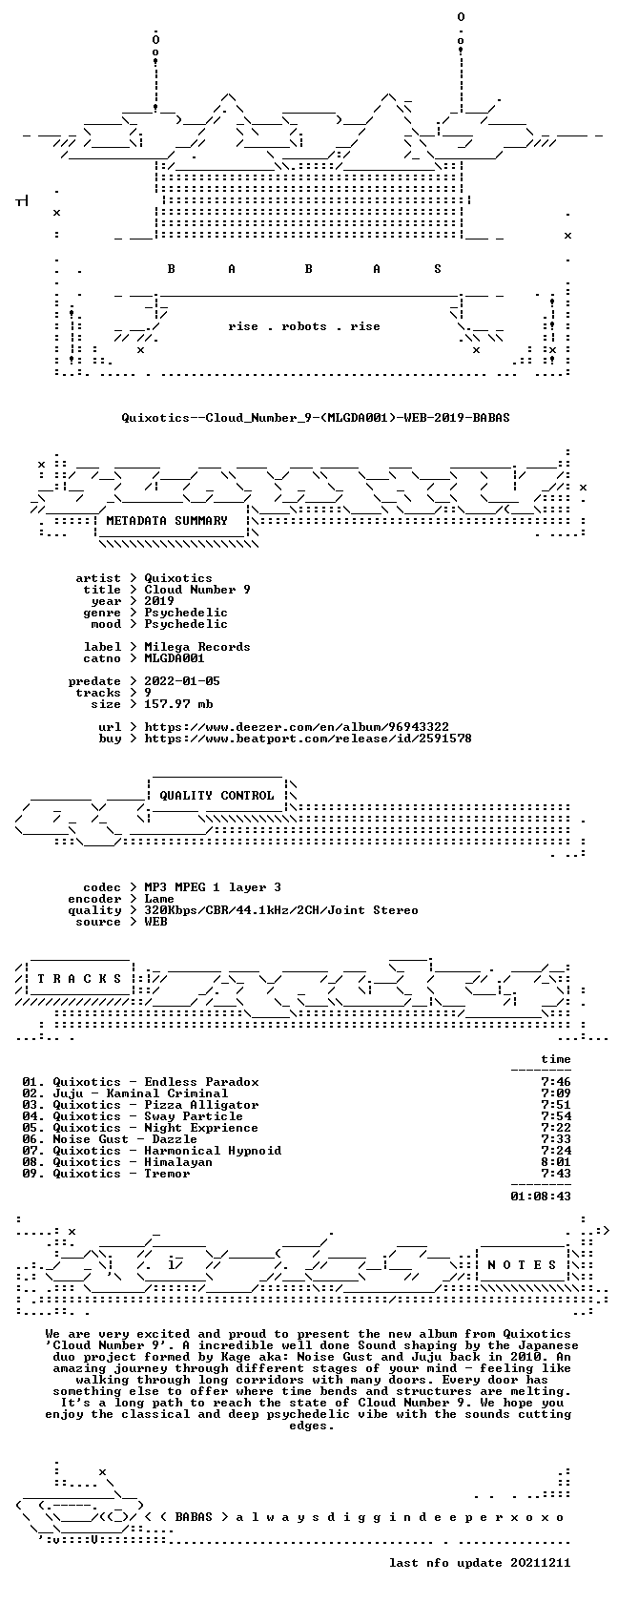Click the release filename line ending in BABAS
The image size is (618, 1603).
316,418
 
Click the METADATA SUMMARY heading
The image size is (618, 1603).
167,521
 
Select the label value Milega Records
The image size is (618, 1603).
197,647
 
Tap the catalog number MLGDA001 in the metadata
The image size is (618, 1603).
175,658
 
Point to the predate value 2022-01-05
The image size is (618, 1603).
182,681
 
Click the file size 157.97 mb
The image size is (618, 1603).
179,704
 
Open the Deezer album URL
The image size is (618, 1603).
297,727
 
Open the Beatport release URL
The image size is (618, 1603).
308,739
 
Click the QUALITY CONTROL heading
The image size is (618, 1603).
216,796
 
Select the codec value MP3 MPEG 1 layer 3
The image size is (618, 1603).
213,887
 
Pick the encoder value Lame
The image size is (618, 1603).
159,899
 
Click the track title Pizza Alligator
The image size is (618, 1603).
202,1105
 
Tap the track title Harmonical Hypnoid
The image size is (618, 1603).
214,1151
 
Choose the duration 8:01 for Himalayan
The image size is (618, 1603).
556,1162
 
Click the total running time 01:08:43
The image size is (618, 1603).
541,1197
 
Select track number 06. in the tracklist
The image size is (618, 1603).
33,1139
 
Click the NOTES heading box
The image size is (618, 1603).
522,1265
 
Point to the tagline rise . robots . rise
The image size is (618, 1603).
304,326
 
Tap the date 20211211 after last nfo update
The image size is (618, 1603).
541,1563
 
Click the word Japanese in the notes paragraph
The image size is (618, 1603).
547,1345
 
